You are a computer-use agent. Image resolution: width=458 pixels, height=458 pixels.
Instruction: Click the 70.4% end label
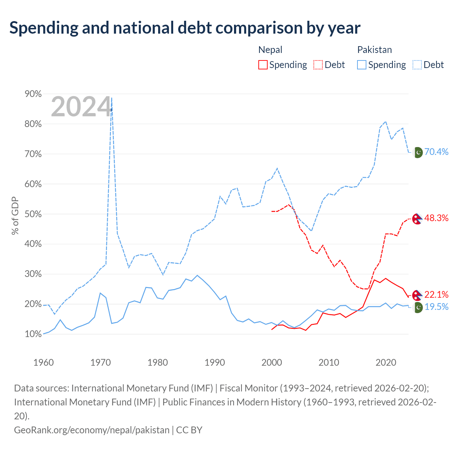(x=436, y=152)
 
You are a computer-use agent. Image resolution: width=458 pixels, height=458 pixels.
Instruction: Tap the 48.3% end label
(x=436, y=218)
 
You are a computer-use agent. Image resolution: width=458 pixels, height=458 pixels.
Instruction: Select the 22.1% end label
(x=436, y=294)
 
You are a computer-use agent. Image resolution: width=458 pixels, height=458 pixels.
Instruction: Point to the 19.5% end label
(x=437, y=307)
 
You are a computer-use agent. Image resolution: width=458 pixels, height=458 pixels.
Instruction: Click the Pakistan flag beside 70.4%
(x=418, y=152)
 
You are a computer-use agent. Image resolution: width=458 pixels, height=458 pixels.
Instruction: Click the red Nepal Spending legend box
(x=263, y=65)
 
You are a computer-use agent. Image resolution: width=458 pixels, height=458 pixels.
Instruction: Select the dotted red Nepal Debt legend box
(x=318, y=65)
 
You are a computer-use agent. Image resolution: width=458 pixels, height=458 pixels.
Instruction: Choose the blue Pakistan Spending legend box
(x=361, y=65)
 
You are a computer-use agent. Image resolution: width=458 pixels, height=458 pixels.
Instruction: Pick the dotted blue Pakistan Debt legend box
(x=417, y=65)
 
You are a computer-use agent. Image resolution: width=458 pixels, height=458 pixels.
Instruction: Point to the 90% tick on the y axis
(x=33, y=94)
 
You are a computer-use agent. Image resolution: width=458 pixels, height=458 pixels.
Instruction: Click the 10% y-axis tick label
(x=33, y=334)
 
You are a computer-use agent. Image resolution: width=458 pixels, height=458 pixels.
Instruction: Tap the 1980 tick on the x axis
(x=157, y=362)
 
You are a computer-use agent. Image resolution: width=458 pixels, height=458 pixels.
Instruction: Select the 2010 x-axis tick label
(x=329, y=362)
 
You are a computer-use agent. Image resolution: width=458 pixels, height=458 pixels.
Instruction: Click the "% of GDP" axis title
(x=15, y=215)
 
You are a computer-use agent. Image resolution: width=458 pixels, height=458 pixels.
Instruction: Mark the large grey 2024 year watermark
(x=81, y=107)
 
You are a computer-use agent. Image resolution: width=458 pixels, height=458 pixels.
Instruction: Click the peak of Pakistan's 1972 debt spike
(x=112, y=98)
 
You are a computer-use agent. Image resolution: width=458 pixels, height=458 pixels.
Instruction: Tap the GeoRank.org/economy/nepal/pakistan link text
(x=92, y=430)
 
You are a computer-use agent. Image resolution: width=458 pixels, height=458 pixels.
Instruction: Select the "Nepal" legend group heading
(x=270, y=50)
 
